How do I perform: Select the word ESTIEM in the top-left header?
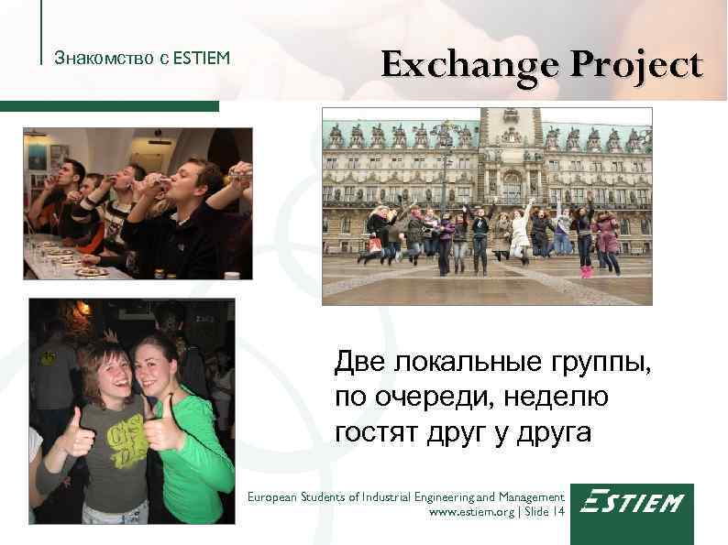(x=201, y=60)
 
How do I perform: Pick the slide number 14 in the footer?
(x=558, y=513)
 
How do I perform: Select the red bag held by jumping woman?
(x=374, y=245)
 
